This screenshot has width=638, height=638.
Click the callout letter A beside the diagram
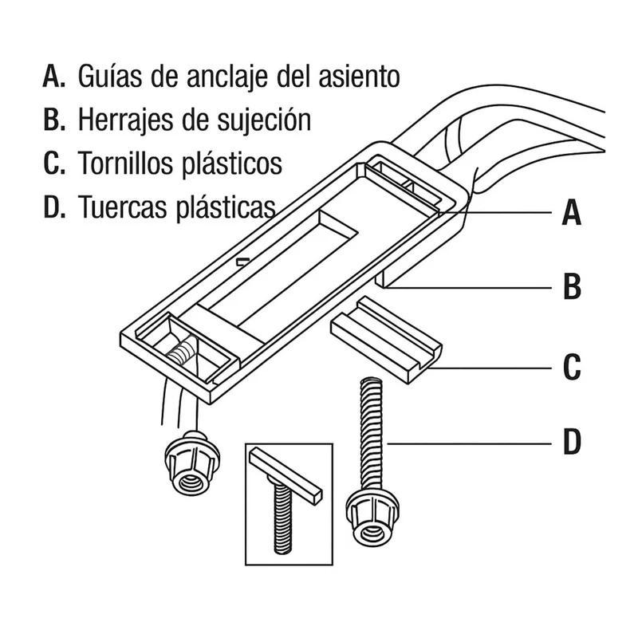coord(572,213)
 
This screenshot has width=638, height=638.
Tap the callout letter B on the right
coord(572,286)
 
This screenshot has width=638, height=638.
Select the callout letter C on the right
coord(572,367)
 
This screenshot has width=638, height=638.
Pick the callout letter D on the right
coord(572,442)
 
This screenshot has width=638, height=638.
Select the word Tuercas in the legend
coord(123,207)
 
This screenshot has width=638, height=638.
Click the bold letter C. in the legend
coord(54,163)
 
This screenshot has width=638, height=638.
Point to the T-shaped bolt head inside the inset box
coord(286,475)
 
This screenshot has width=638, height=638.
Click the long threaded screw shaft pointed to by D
coord(371,433)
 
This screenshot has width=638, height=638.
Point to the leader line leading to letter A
coord(495,212)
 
